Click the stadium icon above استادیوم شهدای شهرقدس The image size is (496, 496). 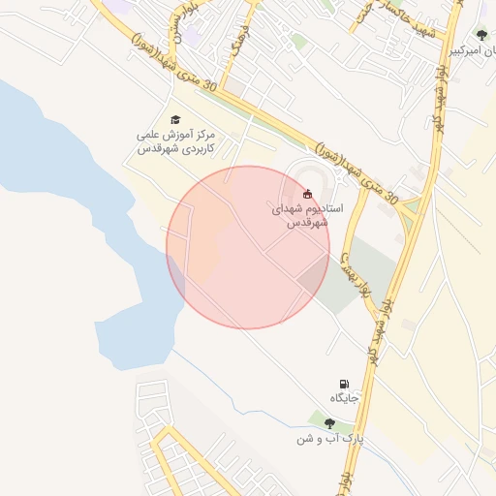pyautogui.click(x=308, y=193)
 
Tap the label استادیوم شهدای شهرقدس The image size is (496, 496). pyautogui.click(x=302, y=215)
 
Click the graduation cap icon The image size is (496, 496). pyautogui.click(x=175, y=118)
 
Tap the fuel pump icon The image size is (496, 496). pyautogui.click(x=345, y=385)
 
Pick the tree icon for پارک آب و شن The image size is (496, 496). pyautogui.click(x=330, y=423)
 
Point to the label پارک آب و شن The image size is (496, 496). pyautogui.click(x=331, y=439)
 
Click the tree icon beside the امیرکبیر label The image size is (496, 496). pyautogui.click(x=482, y=36)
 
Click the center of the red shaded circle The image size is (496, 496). pyautogui.click(x=248, y=247)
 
